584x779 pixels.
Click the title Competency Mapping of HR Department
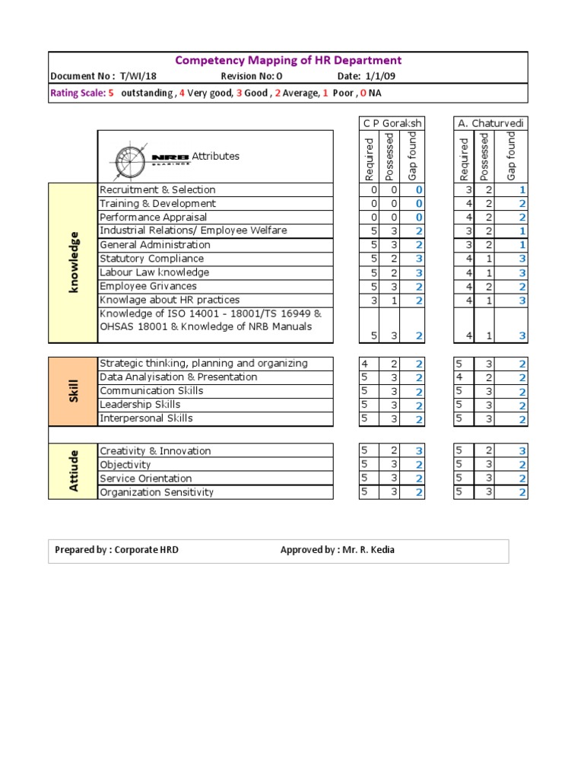[x=288, y=60]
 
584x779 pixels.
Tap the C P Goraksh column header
[x=392, y=123]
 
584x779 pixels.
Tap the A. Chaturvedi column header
[x=490, y=123]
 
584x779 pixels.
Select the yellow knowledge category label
[x=73, y=262]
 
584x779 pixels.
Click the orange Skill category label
[x=73, y=391]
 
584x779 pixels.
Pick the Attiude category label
[x=73, y=471]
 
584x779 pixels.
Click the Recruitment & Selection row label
[x=157, y=190]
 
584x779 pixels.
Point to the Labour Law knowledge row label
[x=154, y=272]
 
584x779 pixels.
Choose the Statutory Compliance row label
[x=152, y=259]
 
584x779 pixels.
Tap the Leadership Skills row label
[x=140, y=405]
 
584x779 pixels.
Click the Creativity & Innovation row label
[x=155, y=451]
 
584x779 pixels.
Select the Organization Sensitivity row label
[x=157, y=492]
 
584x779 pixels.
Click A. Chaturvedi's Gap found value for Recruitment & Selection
[x=522, y=190]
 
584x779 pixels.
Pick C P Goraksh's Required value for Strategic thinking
[x=365, y=364]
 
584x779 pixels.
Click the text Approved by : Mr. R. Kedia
[x=338, y=550]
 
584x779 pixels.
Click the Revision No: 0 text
[x=252, y=77]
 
